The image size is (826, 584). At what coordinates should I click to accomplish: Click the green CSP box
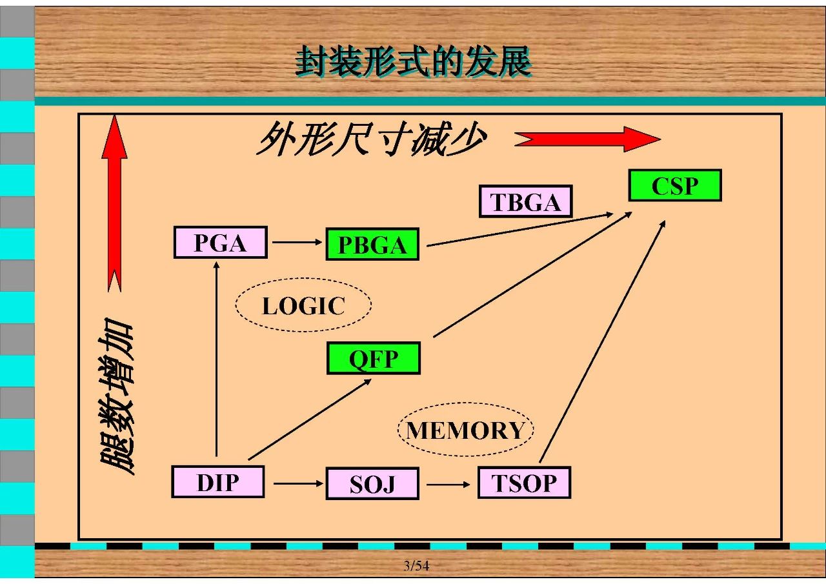pos(675,185)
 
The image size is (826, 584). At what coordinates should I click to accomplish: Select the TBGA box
pos(525,201)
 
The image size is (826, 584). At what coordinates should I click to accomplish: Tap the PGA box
pos(221,242)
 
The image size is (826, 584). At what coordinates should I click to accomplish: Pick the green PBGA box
pos(372,244)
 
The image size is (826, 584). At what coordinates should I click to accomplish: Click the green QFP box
pos(373,358)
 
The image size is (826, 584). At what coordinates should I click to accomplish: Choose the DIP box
pos(218,482)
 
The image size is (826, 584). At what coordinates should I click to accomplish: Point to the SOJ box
pos(372,483)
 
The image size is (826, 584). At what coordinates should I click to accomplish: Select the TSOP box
pos(525,483)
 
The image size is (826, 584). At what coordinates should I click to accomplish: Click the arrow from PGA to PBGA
pos(297,242)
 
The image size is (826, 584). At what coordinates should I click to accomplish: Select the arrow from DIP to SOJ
pos(298,483)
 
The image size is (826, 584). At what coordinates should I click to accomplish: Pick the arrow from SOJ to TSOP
pos(448,485)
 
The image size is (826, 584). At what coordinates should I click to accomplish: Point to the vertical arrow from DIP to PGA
pos(216,359)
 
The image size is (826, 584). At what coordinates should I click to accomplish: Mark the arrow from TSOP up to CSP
pos(602,341)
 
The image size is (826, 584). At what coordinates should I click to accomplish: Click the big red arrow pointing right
pos(587,139)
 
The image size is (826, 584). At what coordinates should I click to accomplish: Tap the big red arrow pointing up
pos(114,203)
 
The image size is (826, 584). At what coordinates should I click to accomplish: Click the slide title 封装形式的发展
pos(414,61)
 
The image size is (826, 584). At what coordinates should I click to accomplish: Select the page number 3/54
pos(416,565)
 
